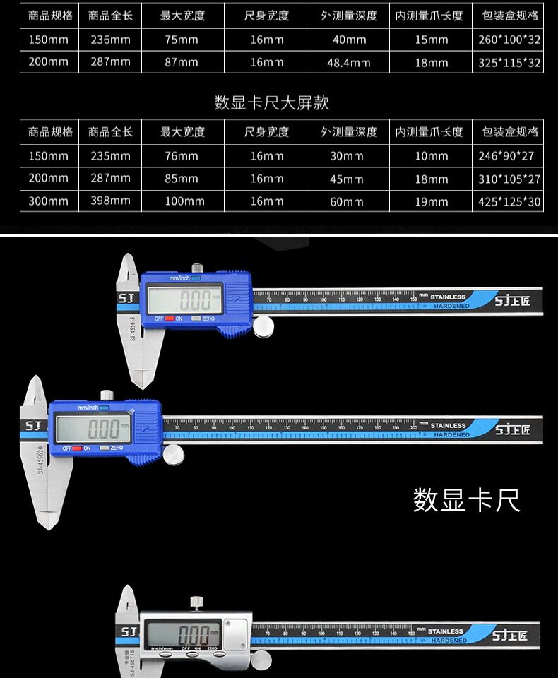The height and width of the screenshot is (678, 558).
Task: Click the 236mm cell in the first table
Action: click(x=111, y=40)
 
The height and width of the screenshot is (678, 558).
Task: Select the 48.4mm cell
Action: click(x=348, y=62)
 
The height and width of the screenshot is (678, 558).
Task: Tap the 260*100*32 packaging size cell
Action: click(x=509, y=40)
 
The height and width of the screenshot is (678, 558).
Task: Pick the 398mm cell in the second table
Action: click(x=111, y=201)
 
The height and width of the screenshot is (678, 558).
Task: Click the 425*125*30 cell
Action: click(x=509, y=201)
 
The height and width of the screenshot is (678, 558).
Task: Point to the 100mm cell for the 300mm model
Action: click(x=182, y=201)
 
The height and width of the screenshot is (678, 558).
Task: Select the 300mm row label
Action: click(x=49, y=201)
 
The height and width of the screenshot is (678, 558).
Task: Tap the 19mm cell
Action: click(x=431, y=201)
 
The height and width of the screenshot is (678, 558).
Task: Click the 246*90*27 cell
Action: click(x=509, y=155)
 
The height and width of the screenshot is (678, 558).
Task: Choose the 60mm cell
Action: click(x=346, y=201)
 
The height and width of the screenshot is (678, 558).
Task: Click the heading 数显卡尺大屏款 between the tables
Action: click(x=271, y=103)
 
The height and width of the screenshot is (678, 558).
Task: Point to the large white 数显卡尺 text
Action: click(x=466, y=500)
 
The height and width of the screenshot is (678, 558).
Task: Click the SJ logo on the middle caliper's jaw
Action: click(x=33, y=426)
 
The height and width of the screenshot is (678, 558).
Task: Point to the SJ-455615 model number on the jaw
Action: click(x=132, y=328)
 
